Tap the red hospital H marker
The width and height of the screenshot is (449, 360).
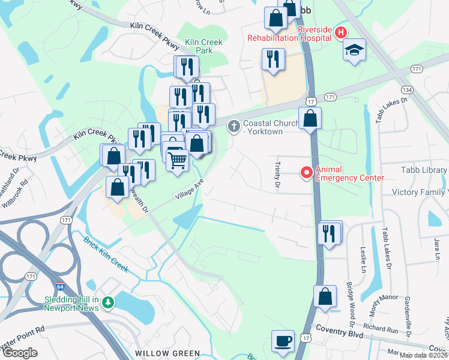[x=341, y=32]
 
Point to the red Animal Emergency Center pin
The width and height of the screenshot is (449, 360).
[x=306, y=173]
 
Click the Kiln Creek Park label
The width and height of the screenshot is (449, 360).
[x=203, y=46]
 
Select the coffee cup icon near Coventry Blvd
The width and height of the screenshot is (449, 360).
[x=283, y=341]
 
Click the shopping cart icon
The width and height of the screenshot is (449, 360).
[x=177, y=161]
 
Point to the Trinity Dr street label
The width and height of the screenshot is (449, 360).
[x=277, y=175]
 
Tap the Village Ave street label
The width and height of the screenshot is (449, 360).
[x=190, y=191]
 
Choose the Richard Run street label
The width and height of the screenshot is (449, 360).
[x=380, y=329]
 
